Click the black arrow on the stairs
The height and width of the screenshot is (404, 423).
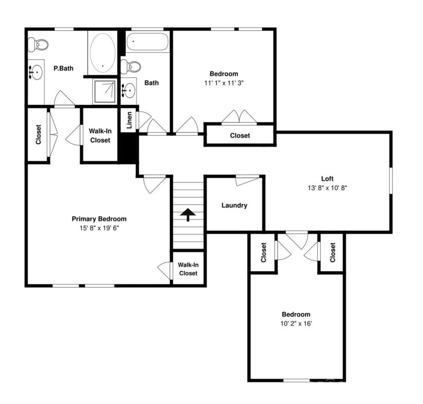pyautogui.click(x=188, y=214)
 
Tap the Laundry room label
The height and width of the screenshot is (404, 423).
pyautogui.click(x=234, y=205)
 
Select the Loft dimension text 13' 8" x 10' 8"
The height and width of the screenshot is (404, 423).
pyautogui.click(x=327, y=188)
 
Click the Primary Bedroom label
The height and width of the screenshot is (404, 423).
pyautogui.click(x=99, y=219)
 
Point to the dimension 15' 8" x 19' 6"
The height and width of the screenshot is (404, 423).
pyautogui.click(x=99, y=228)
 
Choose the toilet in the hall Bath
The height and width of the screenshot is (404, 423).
pyautogui.click(x=132, y=67)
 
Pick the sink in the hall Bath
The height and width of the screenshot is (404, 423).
pyautogui.click(x=128, y=91)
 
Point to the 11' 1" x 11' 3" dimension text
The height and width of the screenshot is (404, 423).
pyautogui.click(x=224, y=83)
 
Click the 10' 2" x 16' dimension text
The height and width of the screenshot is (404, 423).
pyautogui.click(x=296, y=323)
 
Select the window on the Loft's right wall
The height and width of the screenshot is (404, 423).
pyautogui.click(x=391, y=182)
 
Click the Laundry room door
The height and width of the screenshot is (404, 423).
pyautogui.click(x=247, y=180)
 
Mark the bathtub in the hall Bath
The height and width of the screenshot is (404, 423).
pyautogui.click(x=147, y=42)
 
